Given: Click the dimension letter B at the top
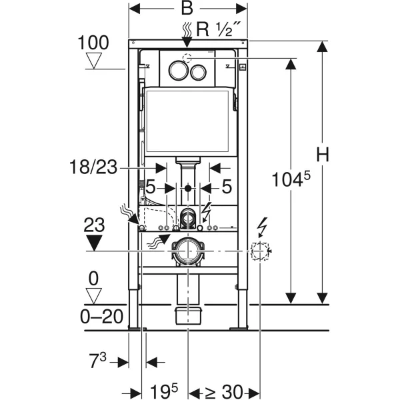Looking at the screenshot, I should coord(187,9).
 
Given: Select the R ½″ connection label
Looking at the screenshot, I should coord(219,29).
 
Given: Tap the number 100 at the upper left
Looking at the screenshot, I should coord(93,43).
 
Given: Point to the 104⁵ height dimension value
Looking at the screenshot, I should coord(290,180).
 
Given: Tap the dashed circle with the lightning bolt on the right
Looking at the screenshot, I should coord(259,252).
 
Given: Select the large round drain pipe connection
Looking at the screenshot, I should coord(188,252).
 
